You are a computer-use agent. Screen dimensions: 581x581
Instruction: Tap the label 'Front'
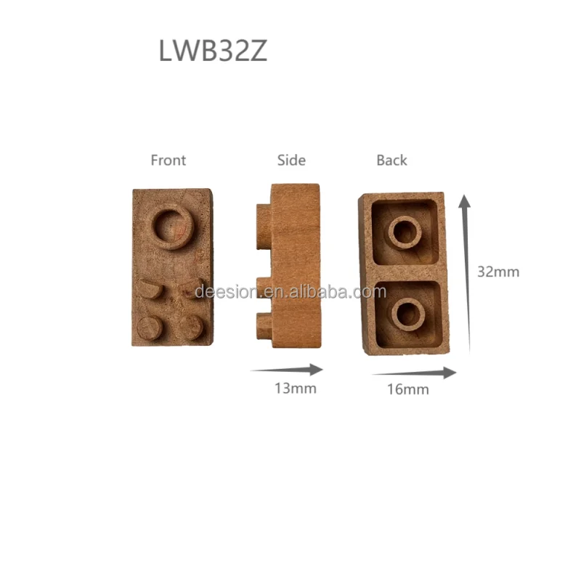(168, 161)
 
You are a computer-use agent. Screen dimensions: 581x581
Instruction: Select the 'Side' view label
(291, 161)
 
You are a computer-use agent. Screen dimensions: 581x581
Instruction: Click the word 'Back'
(391, 161)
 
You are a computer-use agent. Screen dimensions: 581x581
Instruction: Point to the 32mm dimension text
(498, 272)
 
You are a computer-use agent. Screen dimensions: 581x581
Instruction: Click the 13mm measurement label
(295, 388)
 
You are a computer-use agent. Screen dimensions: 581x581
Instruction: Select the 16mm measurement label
(407, 389)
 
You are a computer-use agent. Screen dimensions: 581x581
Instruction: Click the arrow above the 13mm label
(286, 369)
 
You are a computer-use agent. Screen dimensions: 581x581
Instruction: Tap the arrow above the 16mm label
(415, 373)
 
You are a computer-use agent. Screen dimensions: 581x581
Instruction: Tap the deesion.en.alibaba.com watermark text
(290, 292)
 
